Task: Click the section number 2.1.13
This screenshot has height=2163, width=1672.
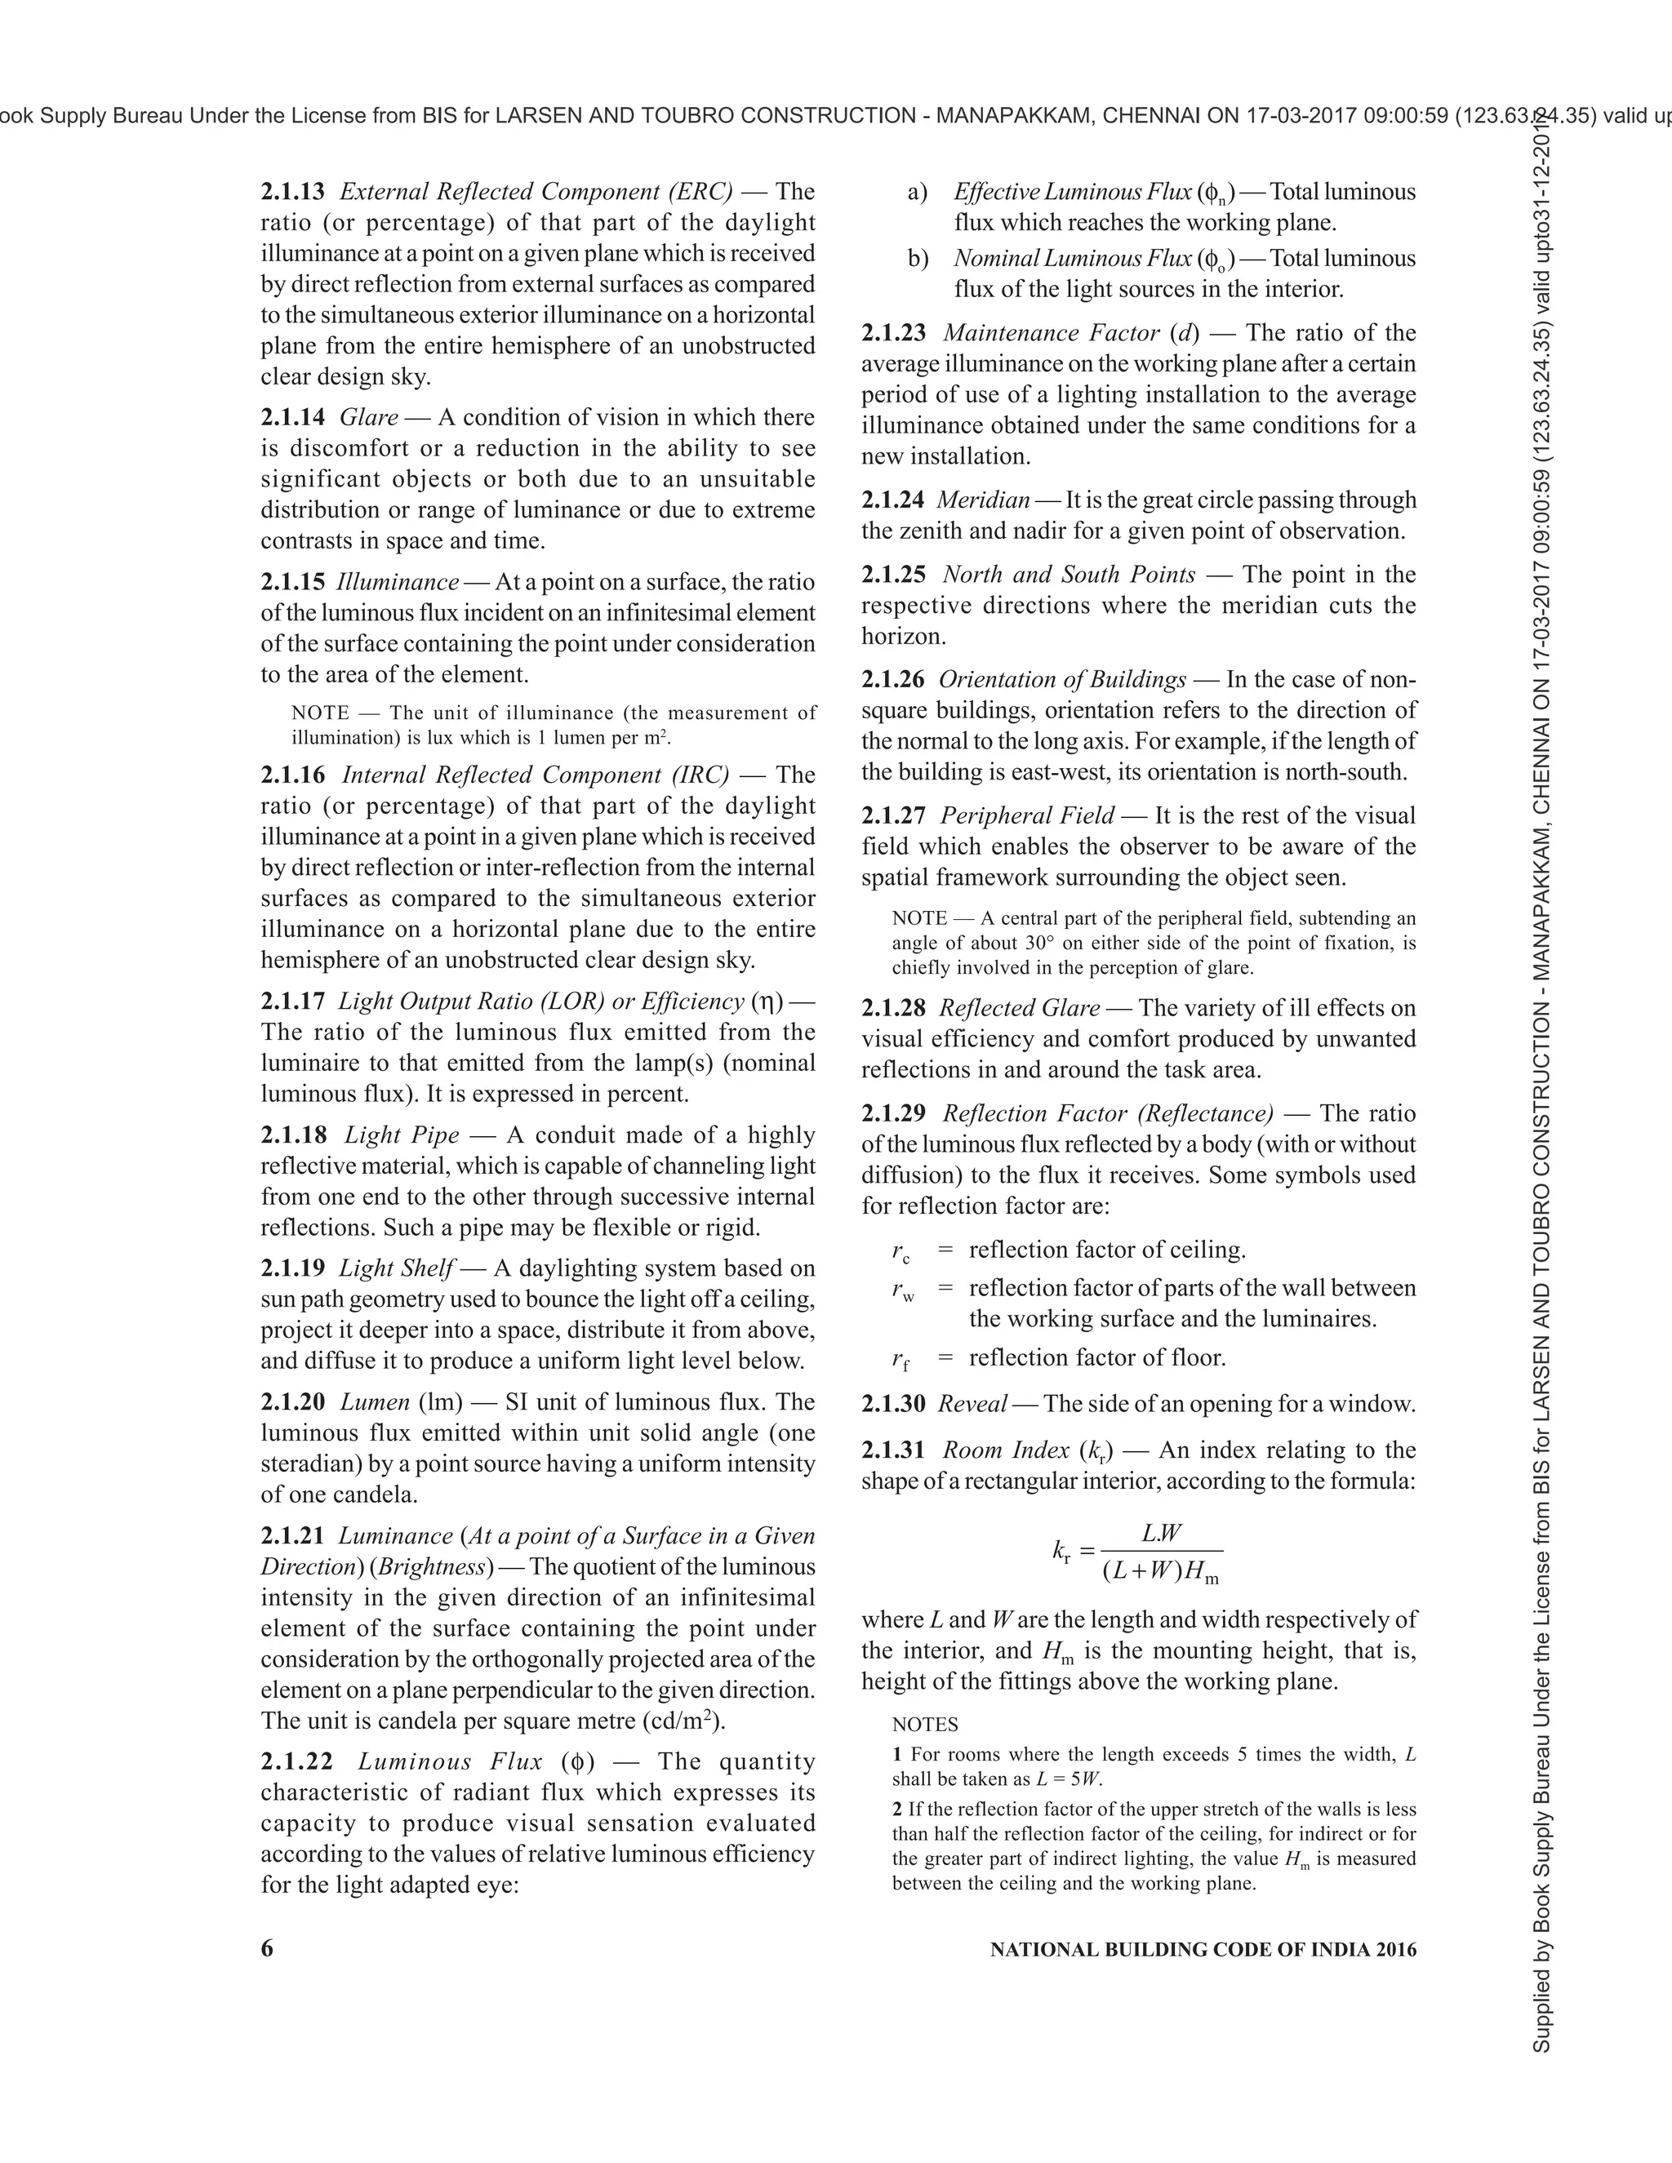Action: click(292, 191)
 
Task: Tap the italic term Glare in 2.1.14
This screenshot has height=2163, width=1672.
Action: click(368, 417)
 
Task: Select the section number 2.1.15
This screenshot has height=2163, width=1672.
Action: click(292, 581)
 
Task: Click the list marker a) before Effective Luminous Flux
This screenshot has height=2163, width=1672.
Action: click(917, 191)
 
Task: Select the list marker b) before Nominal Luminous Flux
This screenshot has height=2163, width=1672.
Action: click(917, 259)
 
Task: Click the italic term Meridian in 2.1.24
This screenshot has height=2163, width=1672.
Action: click(983, 500)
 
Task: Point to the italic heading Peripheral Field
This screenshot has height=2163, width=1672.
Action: click(1026, 815)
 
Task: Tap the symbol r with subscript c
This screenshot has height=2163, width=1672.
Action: click(900, 1253)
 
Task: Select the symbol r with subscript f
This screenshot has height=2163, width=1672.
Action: click(900, 1360)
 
